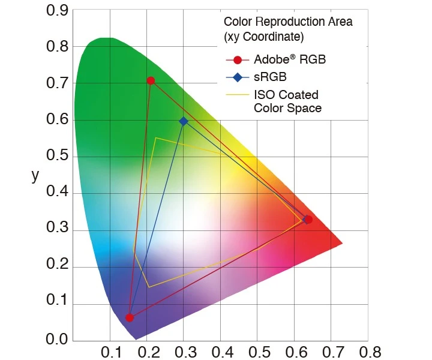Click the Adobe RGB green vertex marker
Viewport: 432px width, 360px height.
point(151,80)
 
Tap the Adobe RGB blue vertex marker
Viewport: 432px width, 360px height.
point(130,317)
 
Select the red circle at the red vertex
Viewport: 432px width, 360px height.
point(308,220)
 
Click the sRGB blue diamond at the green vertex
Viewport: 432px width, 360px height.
point(184,121)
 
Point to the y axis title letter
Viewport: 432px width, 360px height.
point(35,176)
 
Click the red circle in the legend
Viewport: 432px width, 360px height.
point(238,60)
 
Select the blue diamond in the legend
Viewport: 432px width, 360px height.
point(238,77)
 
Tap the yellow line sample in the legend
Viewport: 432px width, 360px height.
point(238,95)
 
